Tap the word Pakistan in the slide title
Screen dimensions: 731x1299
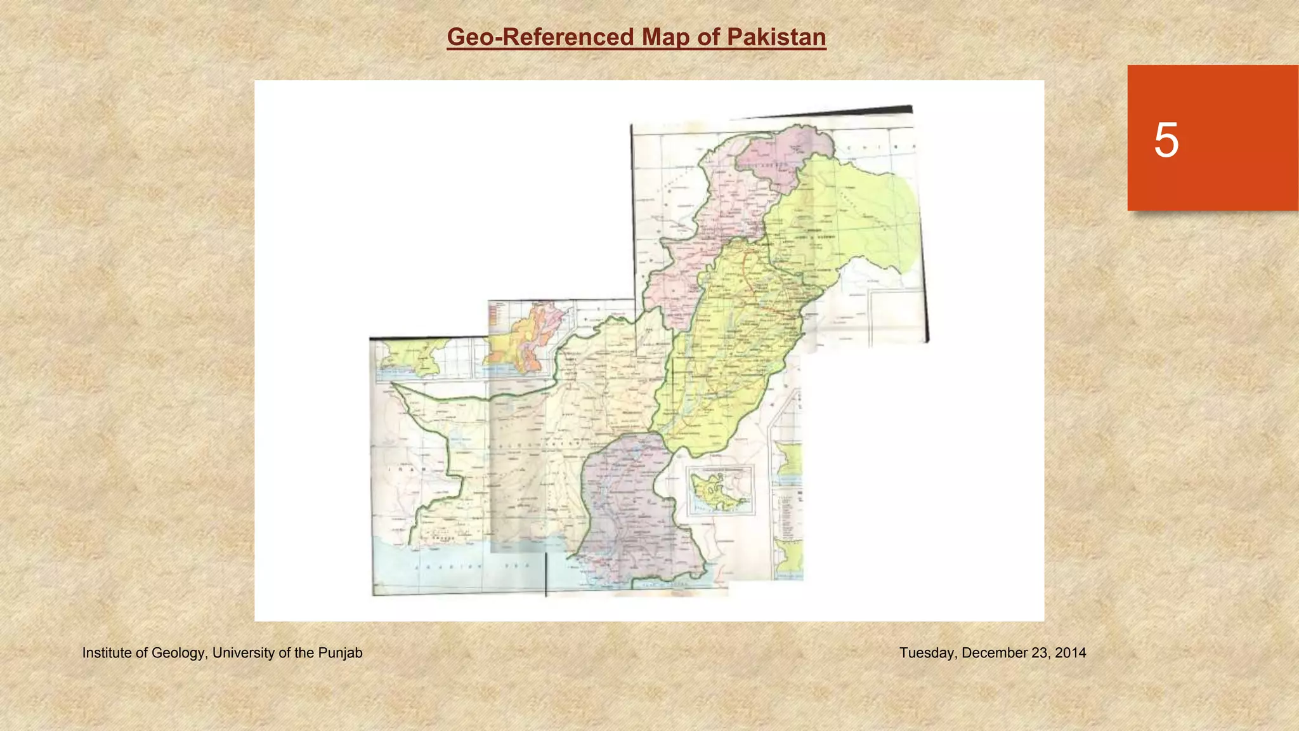[x=776, y=37]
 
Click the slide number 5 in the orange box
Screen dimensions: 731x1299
[x=1166, y=140]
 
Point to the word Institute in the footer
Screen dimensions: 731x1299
[x=107, y=653]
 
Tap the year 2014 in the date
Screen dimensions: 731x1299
[x=1071, y=653]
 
